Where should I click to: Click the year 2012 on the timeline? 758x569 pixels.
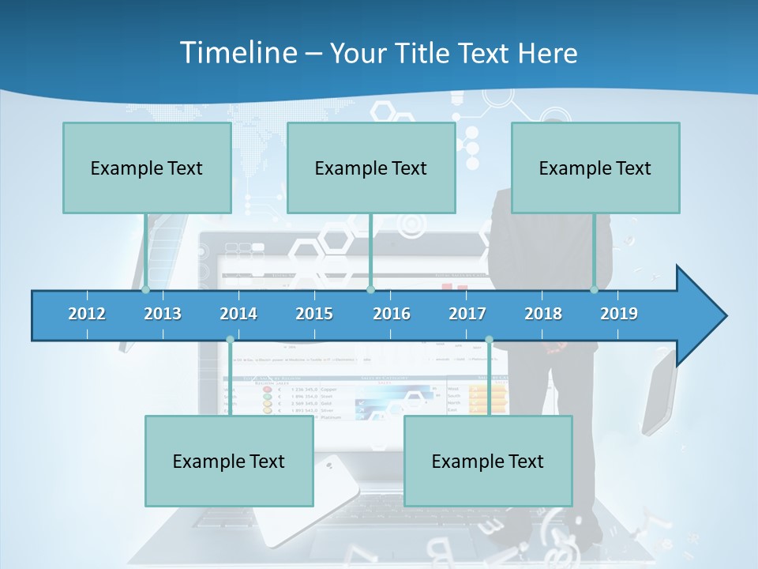(87, 314)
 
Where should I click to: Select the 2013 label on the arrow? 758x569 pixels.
(163, 314)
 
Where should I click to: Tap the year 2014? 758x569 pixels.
(238, 314)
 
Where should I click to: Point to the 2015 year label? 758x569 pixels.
(314, 314)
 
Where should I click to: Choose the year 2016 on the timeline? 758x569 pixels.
(392, 314)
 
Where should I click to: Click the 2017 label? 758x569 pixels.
(467, 314)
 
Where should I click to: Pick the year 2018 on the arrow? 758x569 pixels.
(543, 314)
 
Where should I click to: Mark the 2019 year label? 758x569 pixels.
(619, 314)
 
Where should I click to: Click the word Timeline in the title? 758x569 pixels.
(238, 53)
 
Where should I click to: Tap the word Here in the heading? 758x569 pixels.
(547, 53)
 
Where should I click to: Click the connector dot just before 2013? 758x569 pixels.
(146, 289)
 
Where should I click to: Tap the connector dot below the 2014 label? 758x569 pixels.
(230, 340)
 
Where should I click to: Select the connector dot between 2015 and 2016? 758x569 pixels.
(370, 289)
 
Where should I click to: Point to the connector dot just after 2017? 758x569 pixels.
(489, 340)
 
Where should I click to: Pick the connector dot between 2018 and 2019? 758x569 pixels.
(594, 289)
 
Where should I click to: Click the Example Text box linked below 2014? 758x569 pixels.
(229, 461)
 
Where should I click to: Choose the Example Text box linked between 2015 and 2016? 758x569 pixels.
(371, 168)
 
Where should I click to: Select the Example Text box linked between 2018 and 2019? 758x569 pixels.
(595, 168)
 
